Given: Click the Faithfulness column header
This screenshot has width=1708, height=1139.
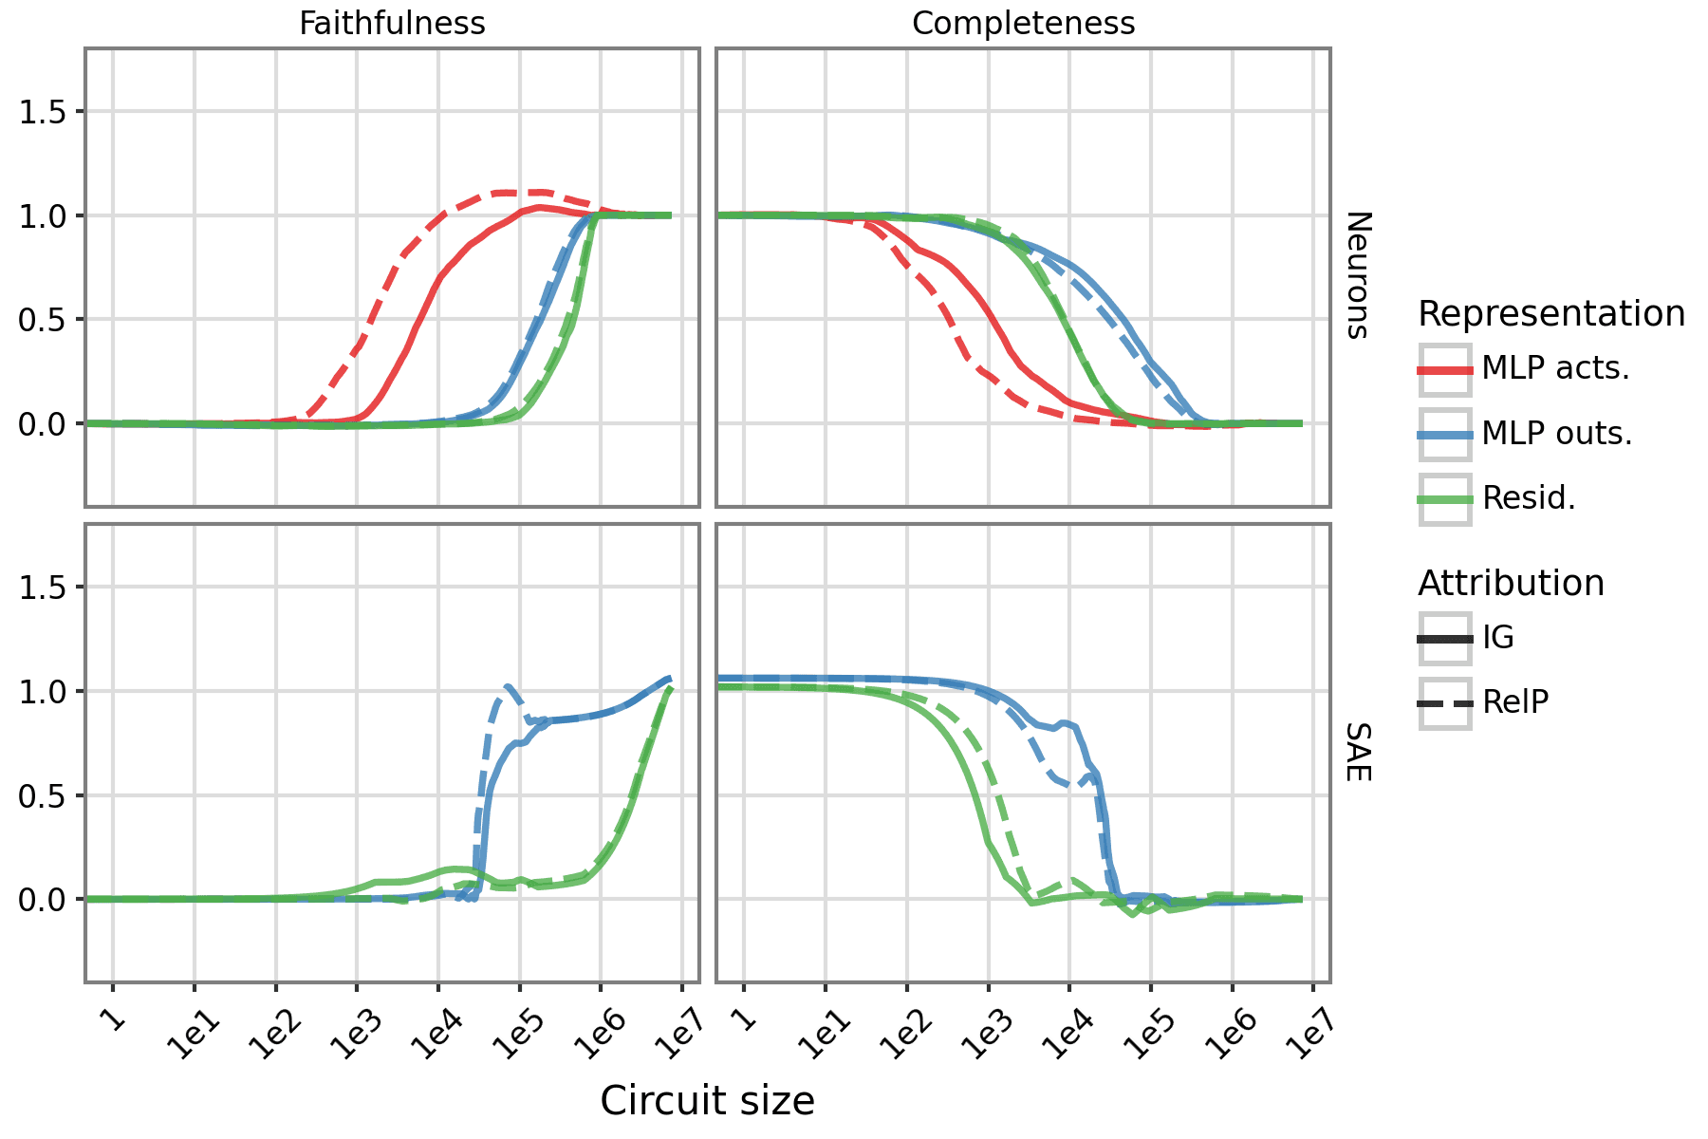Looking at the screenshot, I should pos(392,24).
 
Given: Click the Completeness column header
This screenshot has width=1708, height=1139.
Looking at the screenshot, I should pos(1023,24).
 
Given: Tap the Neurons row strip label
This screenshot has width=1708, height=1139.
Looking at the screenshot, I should pos(1358,275).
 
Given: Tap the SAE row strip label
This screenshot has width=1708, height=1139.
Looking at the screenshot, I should pos(1358,752).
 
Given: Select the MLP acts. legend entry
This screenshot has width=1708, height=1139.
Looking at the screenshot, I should pos(1555,368).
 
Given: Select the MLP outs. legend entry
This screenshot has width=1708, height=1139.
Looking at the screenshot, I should pos(1556,434).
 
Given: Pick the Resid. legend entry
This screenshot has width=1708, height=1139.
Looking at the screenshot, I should pos(1528,498).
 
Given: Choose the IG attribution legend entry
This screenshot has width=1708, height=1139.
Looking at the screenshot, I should pos(1497,638).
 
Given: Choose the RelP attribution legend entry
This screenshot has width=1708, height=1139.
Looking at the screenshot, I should pos(1514,702).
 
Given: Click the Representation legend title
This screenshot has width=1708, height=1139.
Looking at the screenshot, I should pos(1550,313).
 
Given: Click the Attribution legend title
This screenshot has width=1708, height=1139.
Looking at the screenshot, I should pos(1511,583).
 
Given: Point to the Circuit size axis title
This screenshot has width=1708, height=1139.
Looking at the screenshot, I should pos(707,1101).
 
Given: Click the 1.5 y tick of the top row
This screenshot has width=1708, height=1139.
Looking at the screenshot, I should pos(43,112).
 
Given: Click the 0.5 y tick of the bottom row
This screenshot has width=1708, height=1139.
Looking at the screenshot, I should pos(43,795).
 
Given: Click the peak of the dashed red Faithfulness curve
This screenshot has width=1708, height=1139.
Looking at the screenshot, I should pos(520,193).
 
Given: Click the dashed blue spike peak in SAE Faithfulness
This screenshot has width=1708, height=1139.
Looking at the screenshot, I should pos(509,686).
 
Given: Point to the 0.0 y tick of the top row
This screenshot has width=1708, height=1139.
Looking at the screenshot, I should pos(43,424).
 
